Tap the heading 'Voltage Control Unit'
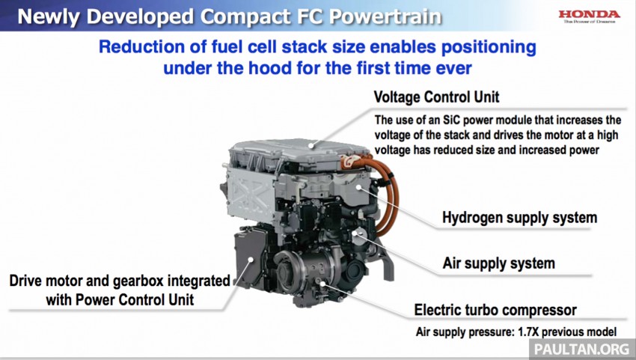tap(436, 97)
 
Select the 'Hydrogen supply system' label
tap(519, 218)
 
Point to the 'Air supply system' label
tap(498, 263)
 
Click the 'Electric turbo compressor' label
tap(495, 309)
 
